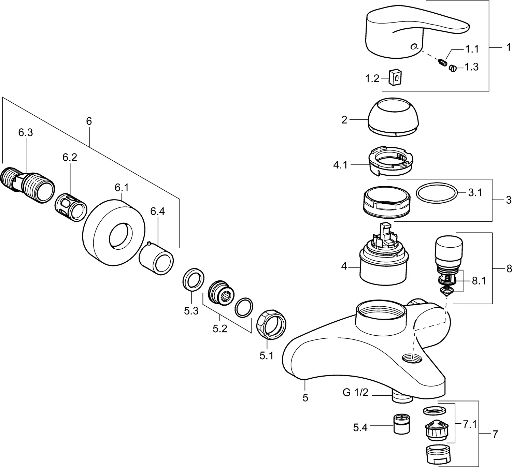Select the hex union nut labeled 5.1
coord(271,324)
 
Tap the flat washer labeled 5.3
coord(193,279)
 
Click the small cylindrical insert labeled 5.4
coord(401,424)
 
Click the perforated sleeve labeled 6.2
coord(71,208)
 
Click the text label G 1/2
coord(355,393)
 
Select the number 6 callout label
coord(89,121)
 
